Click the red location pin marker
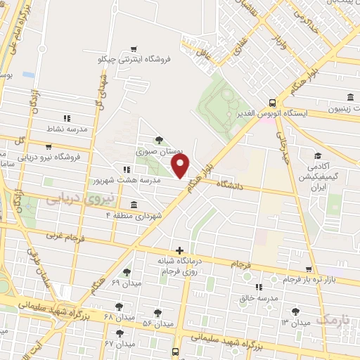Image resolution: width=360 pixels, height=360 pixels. [x=181, y=167]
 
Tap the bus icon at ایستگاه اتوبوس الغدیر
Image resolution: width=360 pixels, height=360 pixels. [x=272, y=101]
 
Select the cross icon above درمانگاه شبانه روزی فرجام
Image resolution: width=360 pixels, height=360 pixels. [x=181, y=250]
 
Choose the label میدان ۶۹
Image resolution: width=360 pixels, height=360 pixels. [x=126, y=283]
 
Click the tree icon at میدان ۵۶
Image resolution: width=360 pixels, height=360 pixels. [x=156, y=312]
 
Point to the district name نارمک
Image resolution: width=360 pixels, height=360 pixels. [x=333, y=319]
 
